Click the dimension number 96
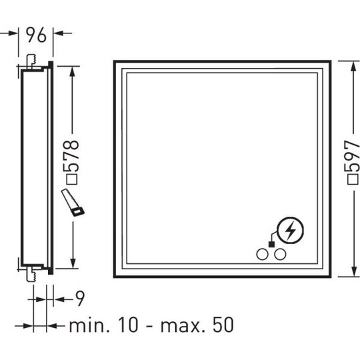point(36,35)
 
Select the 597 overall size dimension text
point(353,156)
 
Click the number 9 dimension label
point(80,299)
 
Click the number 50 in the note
point(223,325)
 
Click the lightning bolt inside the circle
point(290,230)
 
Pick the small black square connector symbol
point(271,244)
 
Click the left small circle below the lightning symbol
point(262,255)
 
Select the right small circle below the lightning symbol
point(280,255)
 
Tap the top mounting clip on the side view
point(31,61)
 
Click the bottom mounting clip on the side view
point(31,274)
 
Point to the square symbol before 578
point(73,179)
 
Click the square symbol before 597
point(353,179)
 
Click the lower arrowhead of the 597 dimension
point(354,271)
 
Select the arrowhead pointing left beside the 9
point(58,299)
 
